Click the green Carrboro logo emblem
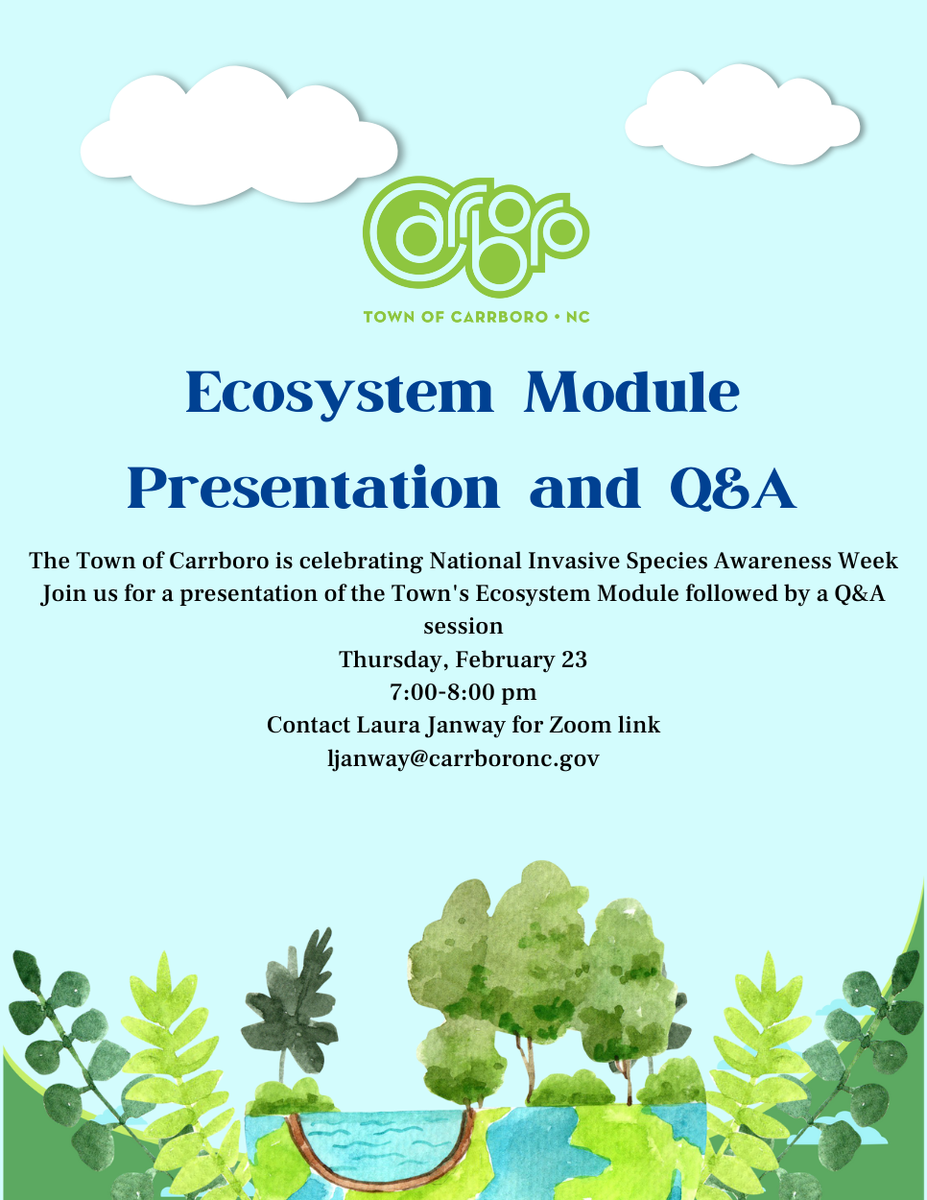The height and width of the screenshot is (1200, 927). pyautogui.click(x=475, y=236)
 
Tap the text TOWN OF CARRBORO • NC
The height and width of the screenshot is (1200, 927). pyautogui.click(x=476, y=317)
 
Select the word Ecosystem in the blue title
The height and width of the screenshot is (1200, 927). pyautogui.click(x=339, y=393)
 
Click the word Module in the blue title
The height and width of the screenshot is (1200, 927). pyautogui.click(x=631, y=393)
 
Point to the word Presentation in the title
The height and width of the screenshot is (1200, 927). pyautogui.click(x=314, y=488)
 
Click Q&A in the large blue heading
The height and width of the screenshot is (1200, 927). pyautogui.click(x=732, y=488)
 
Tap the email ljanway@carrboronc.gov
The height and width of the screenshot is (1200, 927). pyautogui.click(x=463, y=758)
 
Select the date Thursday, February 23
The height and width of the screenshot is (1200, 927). pyautogui.click(x=463, y=660)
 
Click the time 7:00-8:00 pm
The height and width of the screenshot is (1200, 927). pyautogui.click(x=463, y=692)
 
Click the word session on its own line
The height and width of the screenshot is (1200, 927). pyautogui.click(x=463, y=626)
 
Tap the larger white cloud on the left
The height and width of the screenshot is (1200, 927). pyautogui.click(x=239, y=139)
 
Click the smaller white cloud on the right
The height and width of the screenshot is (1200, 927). pyautogui.click(x=742, y=120)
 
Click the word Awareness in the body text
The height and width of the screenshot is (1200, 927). pyautogui.click(x=759, y=561)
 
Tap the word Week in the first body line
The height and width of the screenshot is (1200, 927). pyautogui.click(x=868, y=561)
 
